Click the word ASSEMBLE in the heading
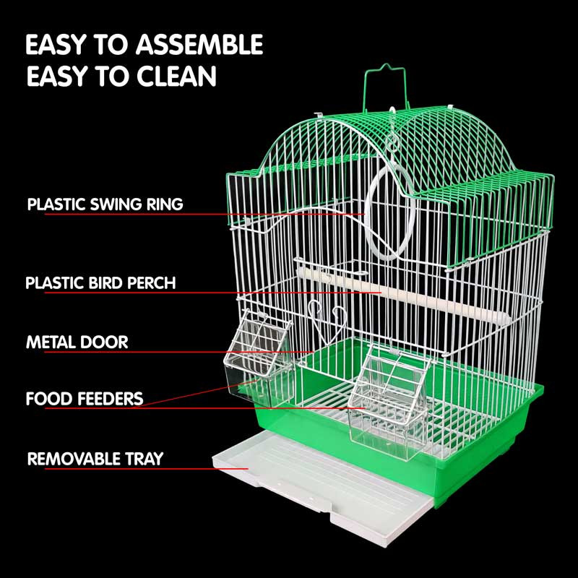click(199, 44)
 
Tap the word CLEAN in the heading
click(176, 77)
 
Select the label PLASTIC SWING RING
click(105, 204)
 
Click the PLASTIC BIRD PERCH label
click(100, 282)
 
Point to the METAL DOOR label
click(77, 342)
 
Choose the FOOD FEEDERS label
click(85, 399)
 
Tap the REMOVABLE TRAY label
click(95, 459)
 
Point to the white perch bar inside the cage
click(403, 294)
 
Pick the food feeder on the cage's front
click(389, 404)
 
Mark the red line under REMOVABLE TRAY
click(147, 468)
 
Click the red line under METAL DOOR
click(178, 352)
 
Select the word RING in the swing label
click(165, 204)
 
